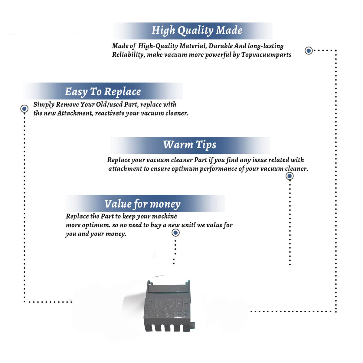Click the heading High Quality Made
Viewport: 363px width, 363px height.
[x=197, y=31]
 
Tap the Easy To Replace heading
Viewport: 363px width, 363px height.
[x=103, y=92]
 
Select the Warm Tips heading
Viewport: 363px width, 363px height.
[x=190, y=145]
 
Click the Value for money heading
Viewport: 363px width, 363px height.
[x=142, y=204]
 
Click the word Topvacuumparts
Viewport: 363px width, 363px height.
[x=266, y=55]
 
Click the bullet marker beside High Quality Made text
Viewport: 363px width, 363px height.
[x=309, y=51]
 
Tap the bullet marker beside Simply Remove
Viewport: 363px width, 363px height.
[x=24, y=109]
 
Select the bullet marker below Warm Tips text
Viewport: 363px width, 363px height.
[x=289, y=176]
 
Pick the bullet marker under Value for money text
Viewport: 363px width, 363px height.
[x=175, y=233]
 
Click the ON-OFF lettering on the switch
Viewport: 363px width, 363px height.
[x=167, y=303]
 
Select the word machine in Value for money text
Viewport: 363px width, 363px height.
[x=164, y=216]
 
